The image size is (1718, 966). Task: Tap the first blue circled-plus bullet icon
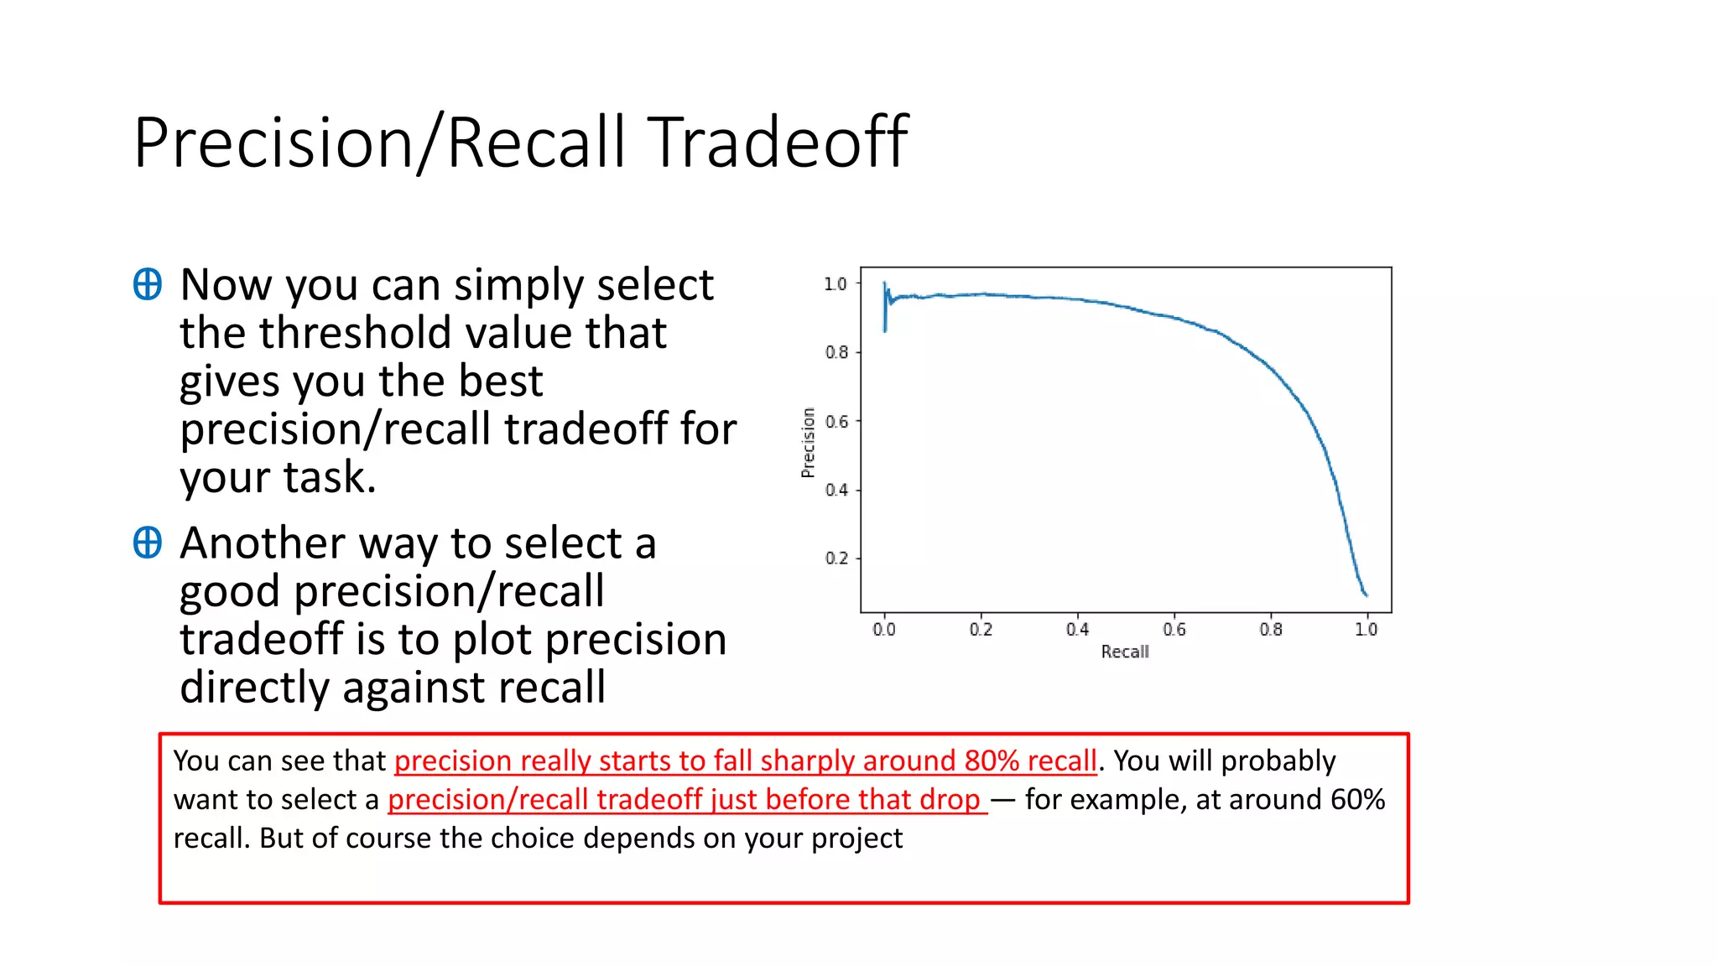148,284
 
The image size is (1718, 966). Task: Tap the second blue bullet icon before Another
148,543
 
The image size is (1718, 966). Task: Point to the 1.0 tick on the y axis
836,284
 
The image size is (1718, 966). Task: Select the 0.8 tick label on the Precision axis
836,352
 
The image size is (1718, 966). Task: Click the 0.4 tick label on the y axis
836,490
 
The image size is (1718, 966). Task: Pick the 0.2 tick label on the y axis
836,558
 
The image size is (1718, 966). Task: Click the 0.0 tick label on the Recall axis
884,630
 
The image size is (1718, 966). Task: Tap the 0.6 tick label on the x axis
1174,630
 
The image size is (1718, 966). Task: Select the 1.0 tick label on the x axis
1367,630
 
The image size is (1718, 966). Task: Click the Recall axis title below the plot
1125,652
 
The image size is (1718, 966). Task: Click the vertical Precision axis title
809,443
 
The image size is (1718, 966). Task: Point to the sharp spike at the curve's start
885,307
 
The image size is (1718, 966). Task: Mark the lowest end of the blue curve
1366,595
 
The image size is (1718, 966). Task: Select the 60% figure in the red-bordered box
1357,799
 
